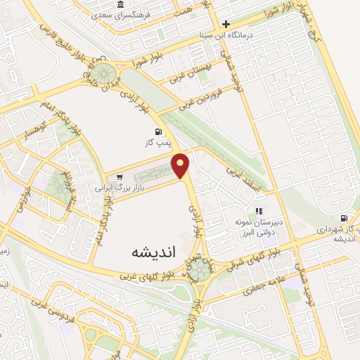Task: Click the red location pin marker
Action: click(x=181, y=165)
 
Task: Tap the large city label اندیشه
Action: click(x=152, y=251)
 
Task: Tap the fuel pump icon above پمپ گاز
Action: click(x=157, y=131)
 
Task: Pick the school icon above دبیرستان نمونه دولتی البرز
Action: click(x=259, y=210)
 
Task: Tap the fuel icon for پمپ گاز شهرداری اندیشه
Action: click(x=344, y=218)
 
